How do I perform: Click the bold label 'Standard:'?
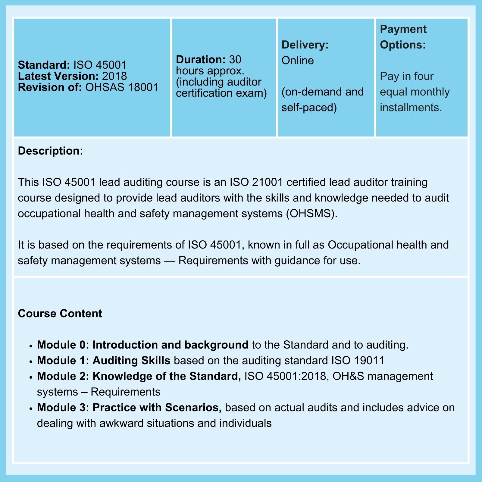coord(44,65)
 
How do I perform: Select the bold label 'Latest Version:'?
coord(58,76)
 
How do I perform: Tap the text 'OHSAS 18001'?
coord(122,87)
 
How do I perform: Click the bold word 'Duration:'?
coord(200,59)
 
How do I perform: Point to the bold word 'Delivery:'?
coord(305,45)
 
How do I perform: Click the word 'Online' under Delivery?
coord(298,61)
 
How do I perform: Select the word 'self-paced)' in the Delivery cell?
coord(309,108)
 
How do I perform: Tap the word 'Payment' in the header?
coord(403,29)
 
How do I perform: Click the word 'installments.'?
coord(411,108)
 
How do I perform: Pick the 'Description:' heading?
coord(50,151)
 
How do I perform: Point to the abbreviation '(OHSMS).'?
coord(312,214)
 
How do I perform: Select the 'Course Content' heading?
coord(60,314)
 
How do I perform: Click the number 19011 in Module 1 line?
coord(369,361)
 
